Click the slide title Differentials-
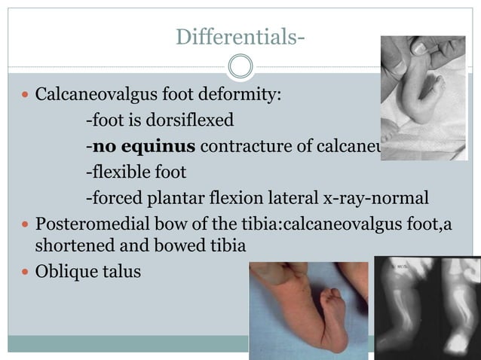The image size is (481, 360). pos(240,35)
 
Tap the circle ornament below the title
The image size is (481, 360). pos(240,67)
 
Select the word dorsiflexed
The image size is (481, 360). pos(191,121)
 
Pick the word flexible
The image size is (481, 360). pos(122,172)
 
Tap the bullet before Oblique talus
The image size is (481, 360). pos(26,271)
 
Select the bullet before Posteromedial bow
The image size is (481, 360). pos(26,225)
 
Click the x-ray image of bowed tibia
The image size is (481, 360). pos(427,305)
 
